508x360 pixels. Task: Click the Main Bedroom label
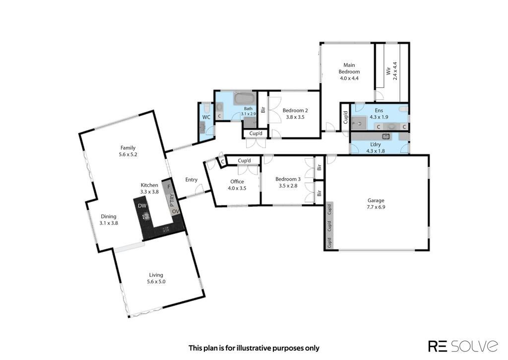(349, 69)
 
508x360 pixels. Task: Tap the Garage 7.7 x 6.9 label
(376, 204)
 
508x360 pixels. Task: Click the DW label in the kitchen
(142, 206)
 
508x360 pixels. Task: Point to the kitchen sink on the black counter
(146, 216)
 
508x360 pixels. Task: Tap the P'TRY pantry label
(172, 200)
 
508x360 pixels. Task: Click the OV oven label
(175, 212)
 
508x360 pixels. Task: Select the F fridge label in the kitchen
(169, 187)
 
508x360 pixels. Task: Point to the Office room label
(237, 182)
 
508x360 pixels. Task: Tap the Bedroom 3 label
(288, 179)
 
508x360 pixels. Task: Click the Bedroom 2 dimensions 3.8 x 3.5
(295, 117)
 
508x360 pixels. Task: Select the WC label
(206, 117)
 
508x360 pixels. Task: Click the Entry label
(191, 180)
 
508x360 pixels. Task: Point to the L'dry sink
(386, 136)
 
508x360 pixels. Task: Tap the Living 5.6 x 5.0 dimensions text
(156, 282)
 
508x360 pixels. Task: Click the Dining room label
(109, 216)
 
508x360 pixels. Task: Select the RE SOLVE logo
(463, 346)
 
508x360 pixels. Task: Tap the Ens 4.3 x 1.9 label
(379, 114)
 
